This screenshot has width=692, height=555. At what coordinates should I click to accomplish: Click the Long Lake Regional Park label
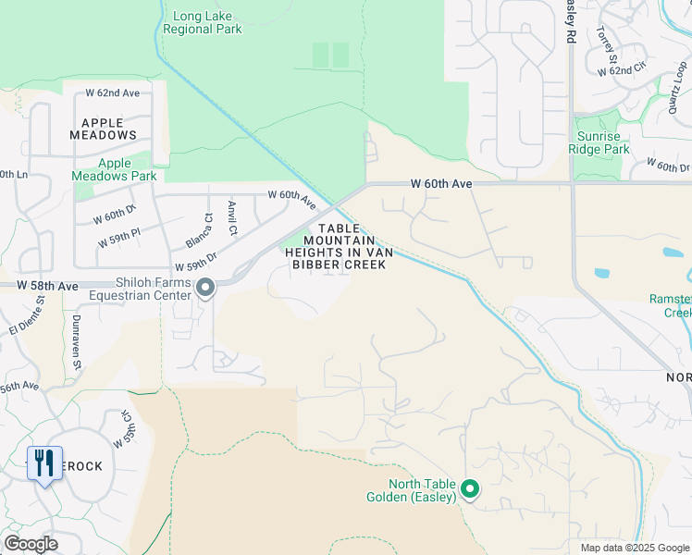pos(202,22)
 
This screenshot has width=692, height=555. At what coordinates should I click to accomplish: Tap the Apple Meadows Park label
pos(115,169)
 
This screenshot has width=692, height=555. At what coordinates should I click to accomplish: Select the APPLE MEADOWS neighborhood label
pos(103,129)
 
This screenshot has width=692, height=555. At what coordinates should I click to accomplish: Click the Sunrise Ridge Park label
pos(597,142)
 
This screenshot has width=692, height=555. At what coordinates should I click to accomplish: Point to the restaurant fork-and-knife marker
pos(44,462)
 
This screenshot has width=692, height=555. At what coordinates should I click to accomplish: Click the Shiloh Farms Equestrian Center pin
pos(205,290)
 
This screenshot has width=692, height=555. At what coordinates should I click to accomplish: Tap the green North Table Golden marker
pos(470,488)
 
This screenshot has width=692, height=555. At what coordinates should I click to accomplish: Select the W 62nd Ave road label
pos(112,93)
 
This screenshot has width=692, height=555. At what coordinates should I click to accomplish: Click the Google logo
pos(31,544)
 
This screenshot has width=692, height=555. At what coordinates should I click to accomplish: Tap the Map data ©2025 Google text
pos(634,548)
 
